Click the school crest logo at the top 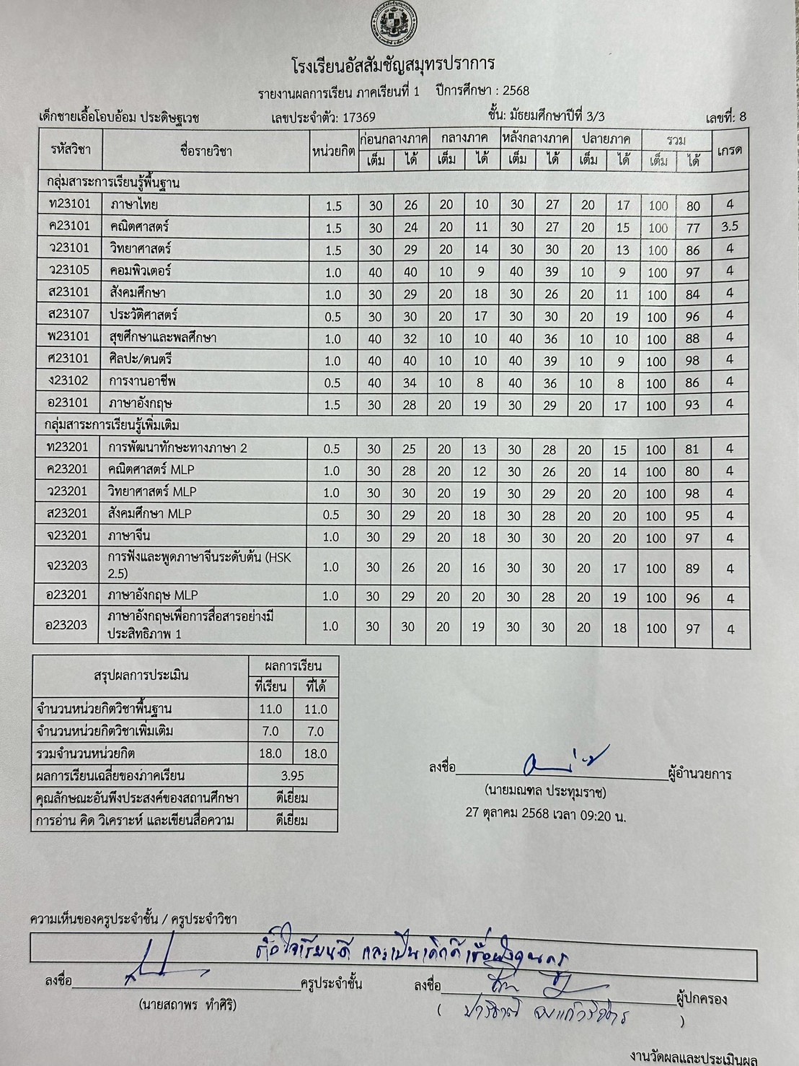(394, 22)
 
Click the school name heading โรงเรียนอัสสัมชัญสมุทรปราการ (394, 64)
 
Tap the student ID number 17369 (358, 117)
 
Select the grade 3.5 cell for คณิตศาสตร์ (730, 227)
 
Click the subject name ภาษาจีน (130, 536)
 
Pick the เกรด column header (730, 150)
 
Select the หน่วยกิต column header (333, 151)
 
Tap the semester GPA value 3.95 (292, 776)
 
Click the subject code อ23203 (66, 626)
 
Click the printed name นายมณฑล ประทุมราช (545, 792)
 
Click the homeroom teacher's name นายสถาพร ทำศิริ (187, 1005)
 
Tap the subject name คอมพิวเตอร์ (141, 271)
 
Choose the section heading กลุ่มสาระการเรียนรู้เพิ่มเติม (112, 426)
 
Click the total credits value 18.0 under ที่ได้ (315, 753)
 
